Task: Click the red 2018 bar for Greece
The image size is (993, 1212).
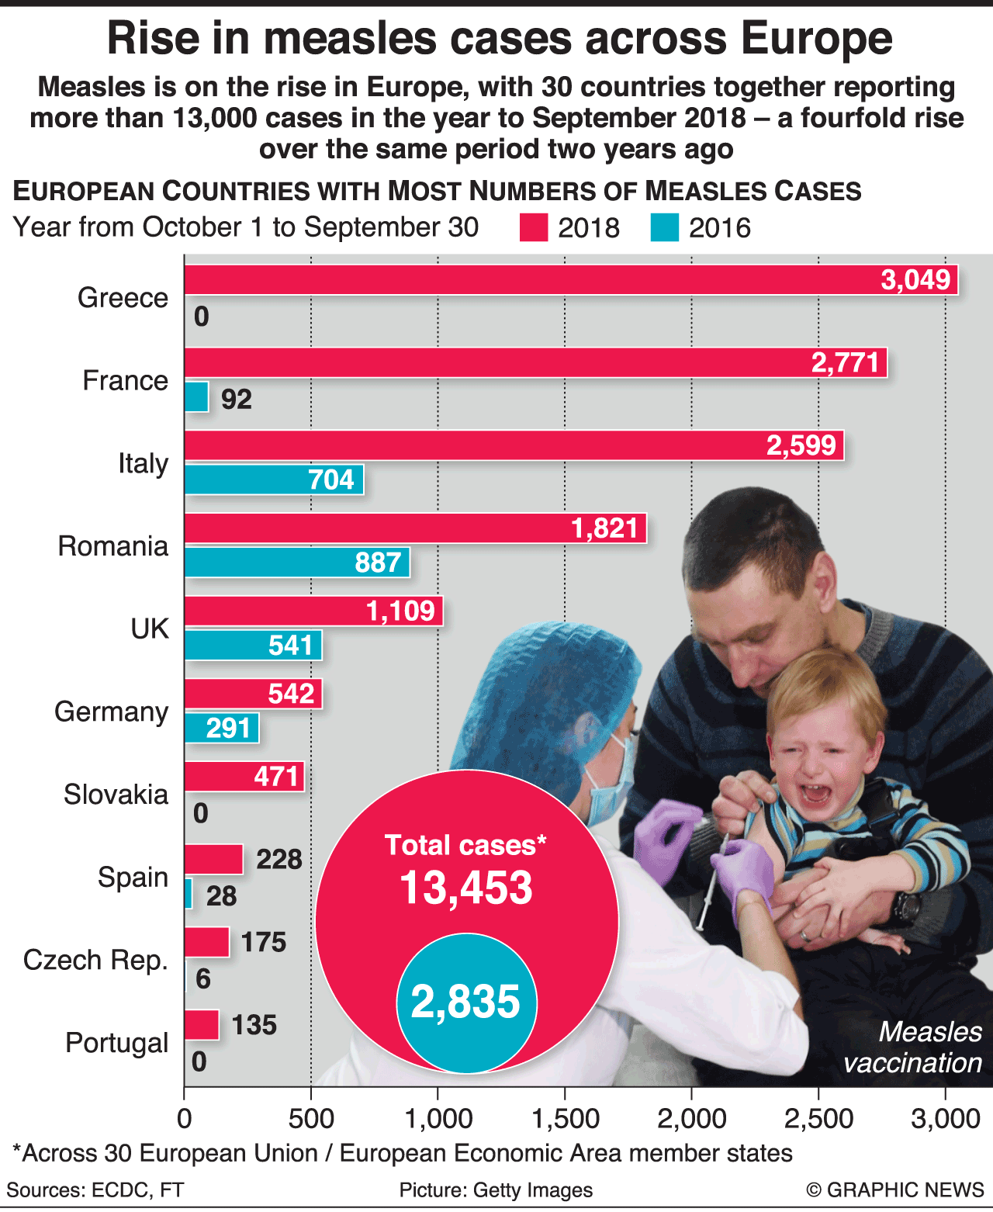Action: [x=543, y=280]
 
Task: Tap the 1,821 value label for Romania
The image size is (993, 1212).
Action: [x=604, y=528]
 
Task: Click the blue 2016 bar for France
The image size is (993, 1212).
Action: [x=196, y=397]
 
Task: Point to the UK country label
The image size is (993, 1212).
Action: [x=149, y=629]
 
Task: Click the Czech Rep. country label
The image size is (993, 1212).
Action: [x=95, y=960]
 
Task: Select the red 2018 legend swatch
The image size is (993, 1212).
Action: [x=534, y=228]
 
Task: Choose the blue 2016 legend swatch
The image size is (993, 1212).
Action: [x=665, y=228]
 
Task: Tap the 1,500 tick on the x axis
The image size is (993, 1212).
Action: [x=565, y=1118]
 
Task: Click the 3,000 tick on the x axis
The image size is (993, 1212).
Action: [x=945, y=1118]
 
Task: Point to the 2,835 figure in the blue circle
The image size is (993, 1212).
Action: [x=465, y=1002]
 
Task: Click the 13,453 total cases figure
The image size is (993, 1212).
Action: [x=466, y=888]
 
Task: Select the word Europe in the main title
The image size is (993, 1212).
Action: [x=815, y=39]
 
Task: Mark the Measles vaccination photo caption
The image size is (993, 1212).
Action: [x=913, y=1047]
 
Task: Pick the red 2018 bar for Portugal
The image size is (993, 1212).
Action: [x=201, y=1025]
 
